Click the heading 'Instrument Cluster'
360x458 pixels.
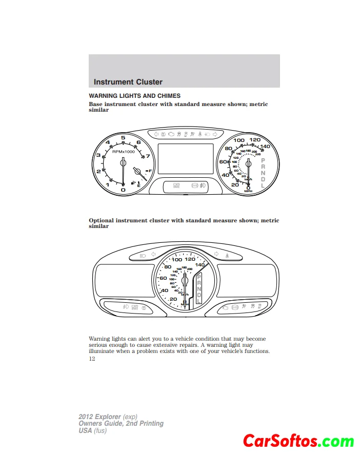[x=128, y=82]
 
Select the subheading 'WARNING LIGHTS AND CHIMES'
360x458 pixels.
[x=134, y=96]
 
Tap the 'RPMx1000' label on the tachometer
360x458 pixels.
[x=123, y=152]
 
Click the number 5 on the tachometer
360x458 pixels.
[x=123, y=137]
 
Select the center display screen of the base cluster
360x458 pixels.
[x=185, y=159]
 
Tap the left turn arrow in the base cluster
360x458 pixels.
[x=156, y=134]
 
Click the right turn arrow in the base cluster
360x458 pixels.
[x=215, y=134]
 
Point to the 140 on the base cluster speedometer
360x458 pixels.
[x=265, y=147]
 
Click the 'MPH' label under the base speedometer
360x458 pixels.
[x=248, y=192]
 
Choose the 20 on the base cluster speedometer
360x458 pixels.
[x=235, y=184]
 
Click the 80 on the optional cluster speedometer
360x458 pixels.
[x=167, y=267]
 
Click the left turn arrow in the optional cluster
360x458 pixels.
[x=153, y=254]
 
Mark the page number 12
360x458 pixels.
[x=92, y=359]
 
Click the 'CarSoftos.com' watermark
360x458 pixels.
[x=298, y=441]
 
